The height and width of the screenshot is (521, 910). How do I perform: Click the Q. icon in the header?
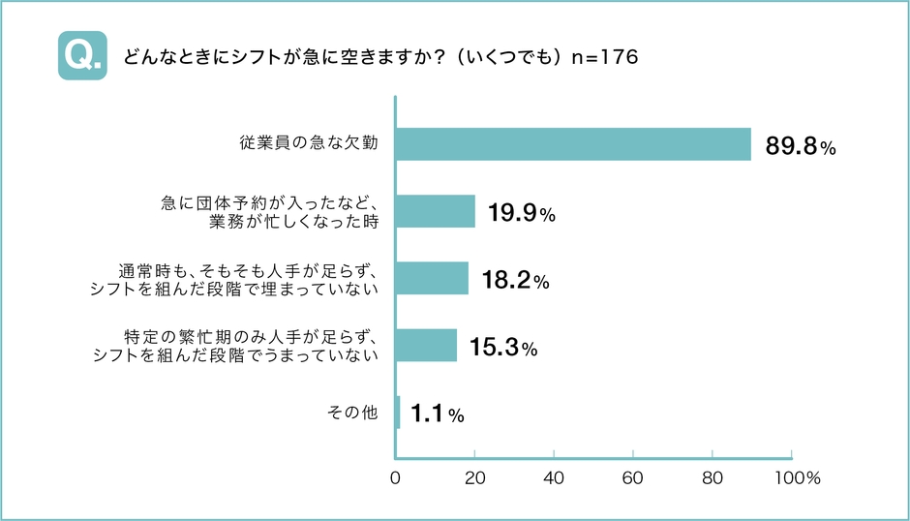click(x=82, y=57)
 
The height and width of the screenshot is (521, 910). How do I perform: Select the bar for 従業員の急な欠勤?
click(x=573, y=144)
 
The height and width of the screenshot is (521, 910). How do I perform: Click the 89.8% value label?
click(x=800, y=147)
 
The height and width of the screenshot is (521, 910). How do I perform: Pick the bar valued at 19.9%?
click(x=436, y=211)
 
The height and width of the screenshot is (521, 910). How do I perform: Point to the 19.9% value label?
click(x=520, y=215)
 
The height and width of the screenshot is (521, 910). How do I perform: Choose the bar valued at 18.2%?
click(x=433, y=278)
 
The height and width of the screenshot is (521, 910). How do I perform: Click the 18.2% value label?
click(x=515, y=282)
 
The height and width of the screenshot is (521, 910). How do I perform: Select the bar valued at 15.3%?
click(x=427, y=345)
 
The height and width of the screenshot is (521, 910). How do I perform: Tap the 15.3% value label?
click(x=502, y=349)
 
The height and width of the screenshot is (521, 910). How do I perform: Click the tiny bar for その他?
click(x=398, y=412)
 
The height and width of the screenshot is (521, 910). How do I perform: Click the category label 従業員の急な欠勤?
click(x=308, y=144)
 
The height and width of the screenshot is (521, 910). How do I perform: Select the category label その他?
click(x=352, y=413)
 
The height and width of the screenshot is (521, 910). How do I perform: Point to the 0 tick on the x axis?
click(x=396, y=478)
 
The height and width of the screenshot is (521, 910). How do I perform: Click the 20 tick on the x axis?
click(x=475, y=478)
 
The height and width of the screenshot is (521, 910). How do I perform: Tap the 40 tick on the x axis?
click(x=555, y=478)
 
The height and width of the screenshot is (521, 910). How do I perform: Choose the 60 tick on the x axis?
click(x=633, y=478)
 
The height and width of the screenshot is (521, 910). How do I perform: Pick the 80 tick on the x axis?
click(x=713, y=478)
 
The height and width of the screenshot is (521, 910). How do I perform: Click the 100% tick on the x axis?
click(x=798, y=478)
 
